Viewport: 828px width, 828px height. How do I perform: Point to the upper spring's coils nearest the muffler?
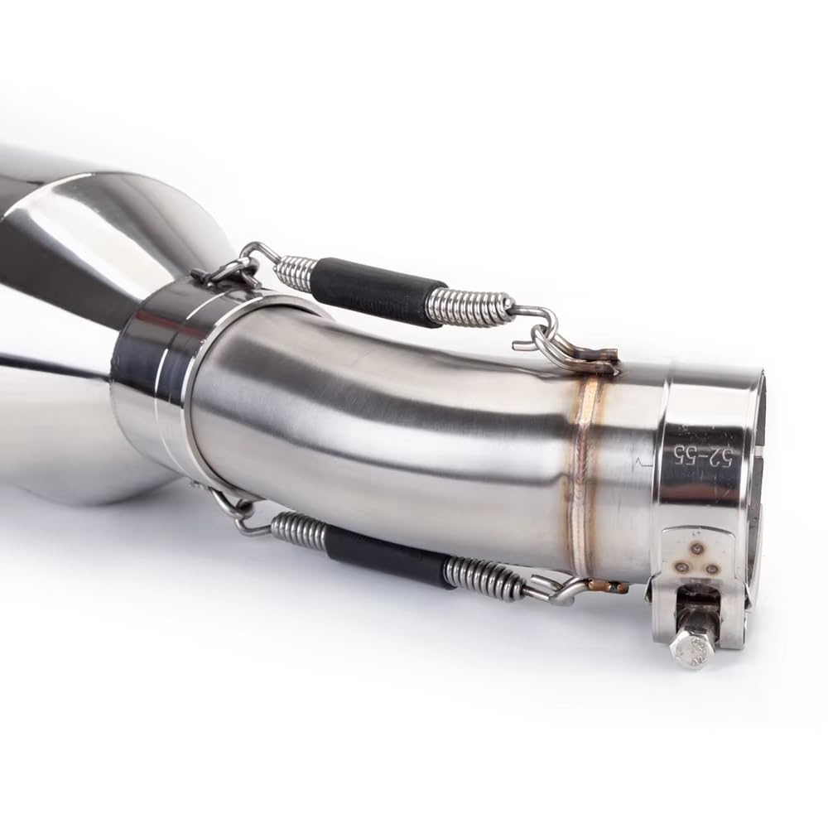click(296, 271)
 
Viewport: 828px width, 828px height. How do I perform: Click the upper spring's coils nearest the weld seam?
click(468, 308)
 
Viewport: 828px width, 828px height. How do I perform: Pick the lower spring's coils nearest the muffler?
click(298, 530)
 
